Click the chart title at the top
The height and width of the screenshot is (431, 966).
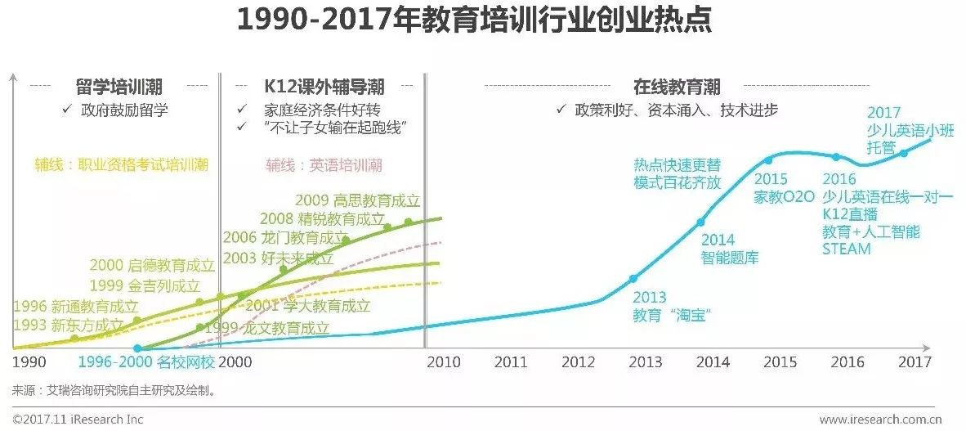(x=474, y=21)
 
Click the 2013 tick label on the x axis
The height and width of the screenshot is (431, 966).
(x=648, y=361)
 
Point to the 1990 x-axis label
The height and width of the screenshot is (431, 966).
(x=29, y=361)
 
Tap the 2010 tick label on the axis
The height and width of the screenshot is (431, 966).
(x=443, y=361)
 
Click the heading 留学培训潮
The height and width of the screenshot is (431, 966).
(x=119, y=86)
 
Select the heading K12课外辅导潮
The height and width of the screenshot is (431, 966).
(x=324, y=86)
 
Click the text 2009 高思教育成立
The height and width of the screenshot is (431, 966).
(x=357, y=200)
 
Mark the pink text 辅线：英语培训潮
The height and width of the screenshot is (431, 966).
(x=324, y=165)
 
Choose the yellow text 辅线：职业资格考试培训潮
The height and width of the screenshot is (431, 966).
(x=121, y=165)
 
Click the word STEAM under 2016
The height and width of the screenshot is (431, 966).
(x=846, y=249)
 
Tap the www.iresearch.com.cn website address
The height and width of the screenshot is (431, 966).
(x=879, y=420)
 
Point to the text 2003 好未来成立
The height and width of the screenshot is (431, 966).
(x=279, y=258)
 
